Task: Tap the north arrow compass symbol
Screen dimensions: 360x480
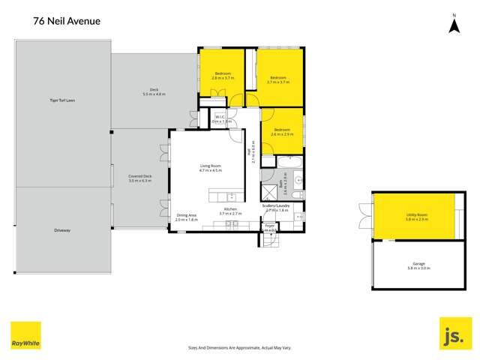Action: coord(453,25)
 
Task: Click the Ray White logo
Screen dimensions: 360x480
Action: coord(25,336)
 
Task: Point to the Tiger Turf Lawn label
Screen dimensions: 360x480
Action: coord(64,100)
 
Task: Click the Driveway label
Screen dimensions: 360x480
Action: coord(62,230)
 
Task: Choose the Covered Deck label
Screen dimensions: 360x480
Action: coord(140,178)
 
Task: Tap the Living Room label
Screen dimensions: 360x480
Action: coord(210,168)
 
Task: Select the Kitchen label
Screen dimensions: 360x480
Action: coord(230,211)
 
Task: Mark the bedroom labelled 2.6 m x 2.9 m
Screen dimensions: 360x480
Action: coord(282,132)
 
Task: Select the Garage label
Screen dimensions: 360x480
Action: coord(418,265)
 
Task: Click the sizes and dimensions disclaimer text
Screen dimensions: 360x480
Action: coord(238,347)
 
